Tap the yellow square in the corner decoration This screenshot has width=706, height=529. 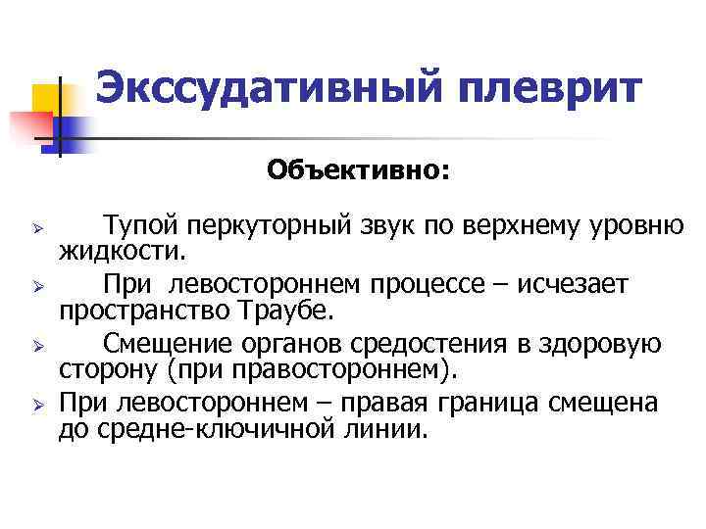[x=47, y=97]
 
